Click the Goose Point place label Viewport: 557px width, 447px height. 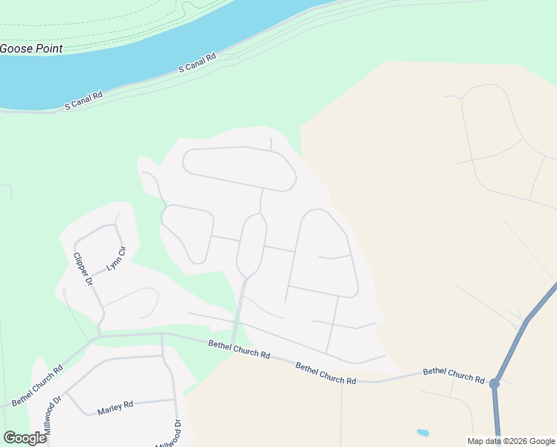click(x=31, y=48)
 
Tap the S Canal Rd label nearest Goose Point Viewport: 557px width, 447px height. click(x=83, y=101)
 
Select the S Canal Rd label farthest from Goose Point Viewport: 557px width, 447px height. click(x=197, y=63)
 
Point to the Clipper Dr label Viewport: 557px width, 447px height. click(x=82, y=270)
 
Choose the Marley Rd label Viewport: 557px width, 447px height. click(x=115, y=407)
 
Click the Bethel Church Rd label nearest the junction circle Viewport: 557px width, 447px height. click(x=453, y=373)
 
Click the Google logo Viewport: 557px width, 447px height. click(x=25, y=438)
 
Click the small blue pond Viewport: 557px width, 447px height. click(x=423, y=432)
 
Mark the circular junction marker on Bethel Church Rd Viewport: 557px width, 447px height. click(x=494, y=384)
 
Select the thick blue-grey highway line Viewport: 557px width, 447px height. click(x=525, y=323)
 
